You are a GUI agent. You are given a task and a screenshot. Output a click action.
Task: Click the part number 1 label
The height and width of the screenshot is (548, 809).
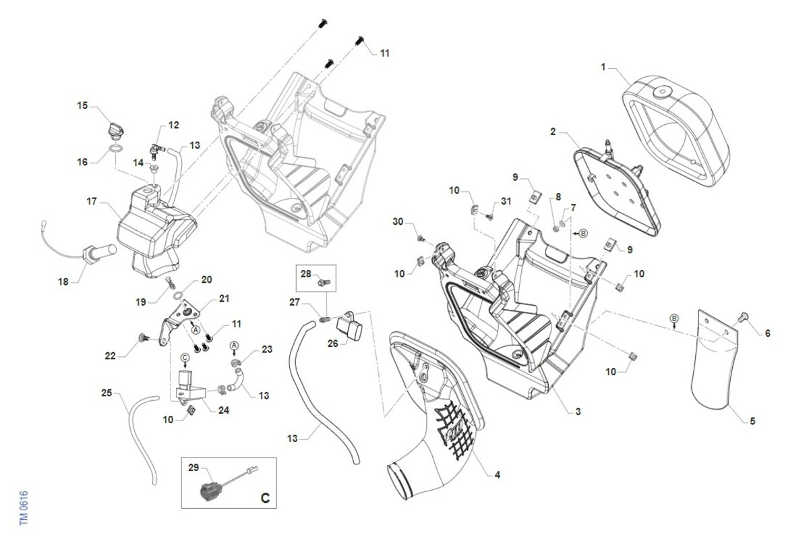603,67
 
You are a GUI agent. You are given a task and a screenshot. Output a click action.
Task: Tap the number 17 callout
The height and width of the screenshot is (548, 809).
92,201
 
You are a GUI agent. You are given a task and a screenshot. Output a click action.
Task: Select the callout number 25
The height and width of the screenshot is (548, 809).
107,392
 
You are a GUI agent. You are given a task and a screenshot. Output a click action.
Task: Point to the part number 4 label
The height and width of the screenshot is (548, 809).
497,475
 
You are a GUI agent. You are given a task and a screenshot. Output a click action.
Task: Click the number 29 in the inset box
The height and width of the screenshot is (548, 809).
193,468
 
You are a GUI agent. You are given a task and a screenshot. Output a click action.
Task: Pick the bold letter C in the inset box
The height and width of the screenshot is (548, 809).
264,498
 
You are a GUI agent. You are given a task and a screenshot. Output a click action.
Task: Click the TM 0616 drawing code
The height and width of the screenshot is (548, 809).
23,508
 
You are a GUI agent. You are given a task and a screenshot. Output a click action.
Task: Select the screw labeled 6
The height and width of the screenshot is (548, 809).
745,316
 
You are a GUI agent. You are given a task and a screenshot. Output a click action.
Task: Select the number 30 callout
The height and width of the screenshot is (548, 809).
398,222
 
